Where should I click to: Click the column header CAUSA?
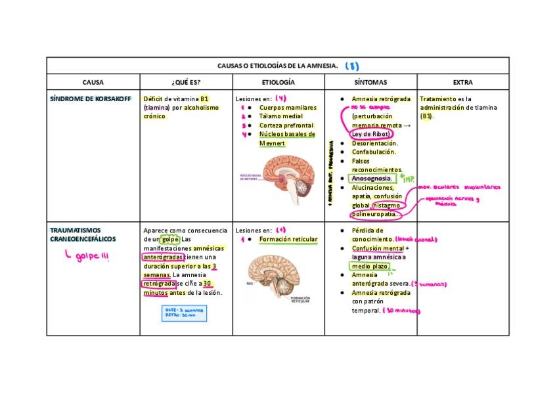click(x=93, y=83)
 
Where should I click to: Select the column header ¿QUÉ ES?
click(x=186, y=83)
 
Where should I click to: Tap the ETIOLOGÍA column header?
click(x=278, y=83)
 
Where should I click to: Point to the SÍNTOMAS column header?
click(x=370, y=83)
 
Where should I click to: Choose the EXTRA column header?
click(x=462, y=83)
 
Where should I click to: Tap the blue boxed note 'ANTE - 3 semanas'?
click(x=184, y=312)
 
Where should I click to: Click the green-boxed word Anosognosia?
click(x=372, y=178)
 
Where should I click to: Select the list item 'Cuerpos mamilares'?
click(x=288, y=108)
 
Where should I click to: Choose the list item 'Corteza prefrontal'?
click(x=286, y=125)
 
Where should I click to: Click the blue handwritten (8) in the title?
click(x=352, y=66)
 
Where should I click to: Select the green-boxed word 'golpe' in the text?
click(x=170, y=240)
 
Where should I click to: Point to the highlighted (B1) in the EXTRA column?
click(x=427, y=116)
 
